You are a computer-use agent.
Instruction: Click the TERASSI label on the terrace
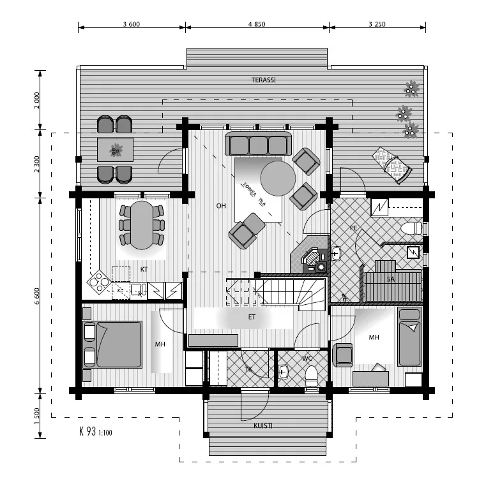(263, 80)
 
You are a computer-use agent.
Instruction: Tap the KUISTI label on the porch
(262, 425)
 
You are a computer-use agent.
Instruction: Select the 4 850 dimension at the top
(258, 24)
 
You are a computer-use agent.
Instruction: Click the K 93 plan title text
(96, 431)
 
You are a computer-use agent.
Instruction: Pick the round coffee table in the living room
(278, 178)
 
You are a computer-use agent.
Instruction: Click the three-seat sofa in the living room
(259, 144)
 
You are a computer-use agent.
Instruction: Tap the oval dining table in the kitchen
(141, 224)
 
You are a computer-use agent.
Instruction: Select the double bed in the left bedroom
(112, 344)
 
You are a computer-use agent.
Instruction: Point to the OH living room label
(221, 206)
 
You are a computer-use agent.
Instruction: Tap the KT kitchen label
(144, 269)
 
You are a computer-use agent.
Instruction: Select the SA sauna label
(390, 279)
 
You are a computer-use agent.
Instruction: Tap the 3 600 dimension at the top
(131, 24)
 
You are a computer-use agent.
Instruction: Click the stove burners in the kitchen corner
(98, 281)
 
